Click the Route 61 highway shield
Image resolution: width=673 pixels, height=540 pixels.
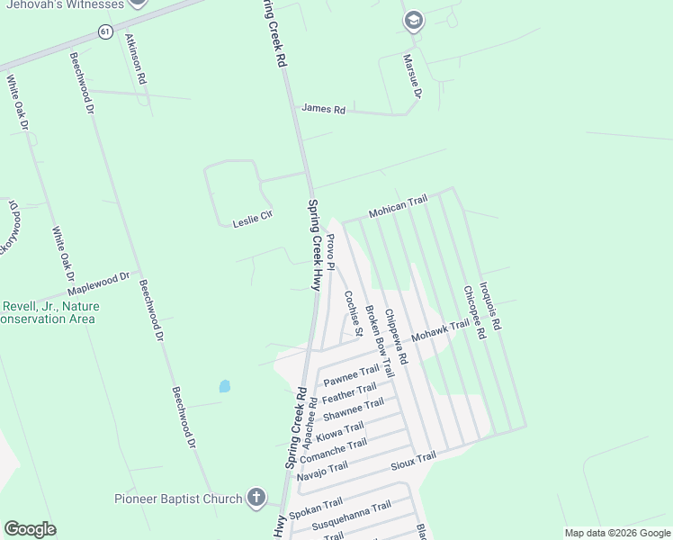(x=105, y=31)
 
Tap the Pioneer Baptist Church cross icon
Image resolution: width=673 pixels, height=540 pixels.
(x=256, y=497)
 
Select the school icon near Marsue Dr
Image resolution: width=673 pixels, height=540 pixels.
(x=413, y=22)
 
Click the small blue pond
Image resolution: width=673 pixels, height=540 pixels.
(x=224, y=386)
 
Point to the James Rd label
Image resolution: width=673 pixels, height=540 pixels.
(x=323, y=109)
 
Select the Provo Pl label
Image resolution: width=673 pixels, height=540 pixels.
(x=330, y=251)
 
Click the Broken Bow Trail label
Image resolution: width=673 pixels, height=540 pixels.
(x=379, y=340)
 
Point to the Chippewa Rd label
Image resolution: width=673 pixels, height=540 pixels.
(x=396, y=336)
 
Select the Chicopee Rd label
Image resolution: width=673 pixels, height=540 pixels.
(x=474, y=311)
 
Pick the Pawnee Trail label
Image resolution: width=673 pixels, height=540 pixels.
(x=352, y=375)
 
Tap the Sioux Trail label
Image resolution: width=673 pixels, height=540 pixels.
(x=413, y=462)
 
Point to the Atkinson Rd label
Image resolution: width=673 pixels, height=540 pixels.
(x=136, y=59)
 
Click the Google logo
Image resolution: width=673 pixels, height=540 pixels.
(x=30, y=529)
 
